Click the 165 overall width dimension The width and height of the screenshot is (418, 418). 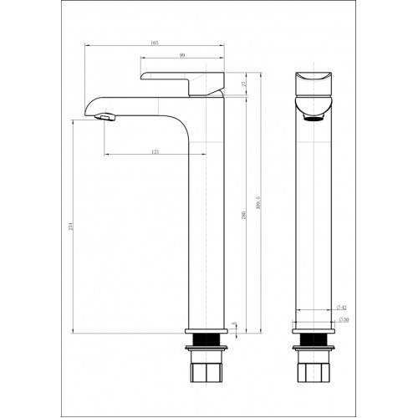(x=155, y=42)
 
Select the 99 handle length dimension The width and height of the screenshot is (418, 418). (x=182, y=55)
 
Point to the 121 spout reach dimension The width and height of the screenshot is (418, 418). (x=156, y=150)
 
